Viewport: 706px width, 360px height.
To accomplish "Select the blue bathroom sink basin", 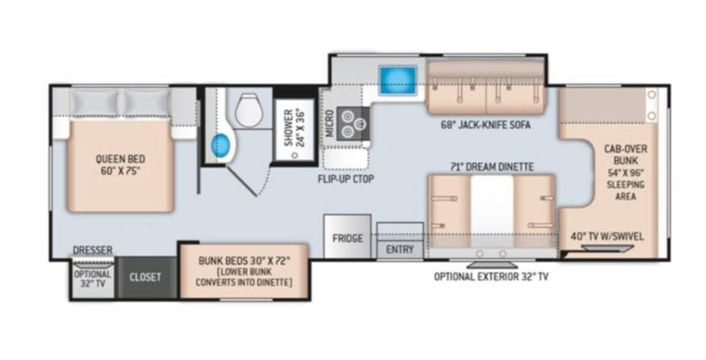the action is pos(221,145).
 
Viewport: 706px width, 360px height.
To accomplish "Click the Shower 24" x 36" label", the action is pos(294,128).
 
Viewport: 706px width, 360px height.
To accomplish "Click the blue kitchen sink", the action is pos(398,80).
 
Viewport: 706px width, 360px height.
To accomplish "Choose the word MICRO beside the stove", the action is pos(330,123).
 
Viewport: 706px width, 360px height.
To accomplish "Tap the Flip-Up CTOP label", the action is pos(346,179).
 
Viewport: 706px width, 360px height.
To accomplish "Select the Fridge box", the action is pos(347,237).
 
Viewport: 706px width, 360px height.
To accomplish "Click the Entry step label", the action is pos(400,249).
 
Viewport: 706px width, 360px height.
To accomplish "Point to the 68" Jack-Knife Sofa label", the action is pos(485,125).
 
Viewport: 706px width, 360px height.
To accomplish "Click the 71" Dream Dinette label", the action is pos(492,167).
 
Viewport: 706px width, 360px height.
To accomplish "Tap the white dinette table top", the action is pos(492,210).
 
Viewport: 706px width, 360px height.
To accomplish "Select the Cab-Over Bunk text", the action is pos(625,154).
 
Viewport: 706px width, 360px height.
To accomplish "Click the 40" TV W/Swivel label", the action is pos(607,236).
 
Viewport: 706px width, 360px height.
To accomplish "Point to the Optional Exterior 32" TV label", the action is pos(491,276).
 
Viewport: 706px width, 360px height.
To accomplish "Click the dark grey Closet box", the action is pos(145,277).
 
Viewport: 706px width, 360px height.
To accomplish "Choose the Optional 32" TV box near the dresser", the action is pos(92,278).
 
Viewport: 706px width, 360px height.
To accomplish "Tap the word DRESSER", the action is pos(93,250).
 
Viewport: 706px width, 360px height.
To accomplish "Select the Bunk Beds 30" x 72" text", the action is pos(243,261).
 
